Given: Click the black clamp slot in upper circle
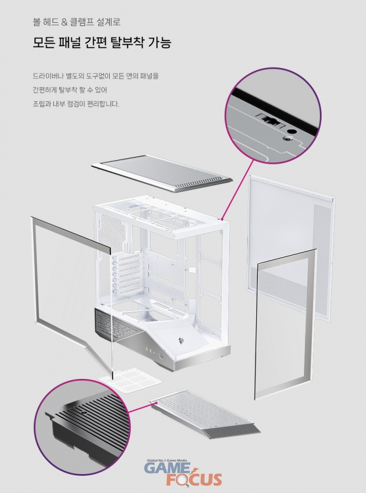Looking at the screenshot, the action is point(270,120).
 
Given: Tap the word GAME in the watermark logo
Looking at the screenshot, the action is point(167,468).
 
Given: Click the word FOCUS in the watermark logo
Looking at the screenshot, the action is point(194,480).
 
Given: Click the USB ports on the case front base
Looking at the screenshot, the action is point(150,350).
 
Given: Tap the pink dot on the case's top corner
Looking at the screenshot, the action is point(222,219).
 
